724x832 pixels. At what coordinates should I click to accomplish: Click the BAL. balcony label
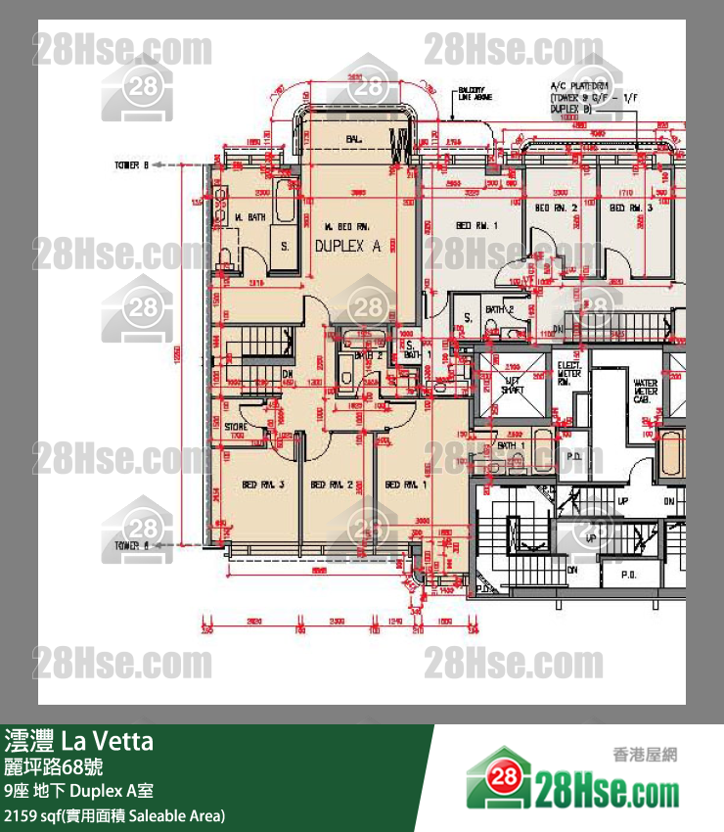pyautogui.click(x=353, y=140)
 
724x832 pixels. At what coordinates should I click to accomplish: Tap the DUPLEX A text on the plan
pyautogui.click(x=347, y=248)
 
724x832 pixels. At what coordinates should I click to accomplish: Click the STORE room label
pyautogui.click(x=235, y=427)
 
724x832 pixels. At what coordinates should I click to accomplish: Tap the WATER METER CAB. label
pyautogui.click(x=646, y=392)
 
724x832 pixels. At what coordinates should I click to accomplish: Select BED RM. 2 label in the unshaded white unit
pyautogui.click(x=556, y=208)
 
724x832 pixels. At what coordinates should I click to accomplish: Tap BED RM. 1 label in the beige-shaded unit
pyautogui.click(x=404, y=485)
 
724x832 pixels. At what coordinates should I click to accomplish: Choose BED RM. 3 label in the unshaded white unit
pyautogui.click(x=630, y=208)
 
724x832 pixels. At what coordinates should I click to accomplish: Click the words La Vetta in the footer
pyautogui.click(x=108, y=741)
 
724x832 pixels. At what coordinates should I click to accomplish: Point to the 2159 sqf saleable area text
pyautogui.click(x=113, y=815)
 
